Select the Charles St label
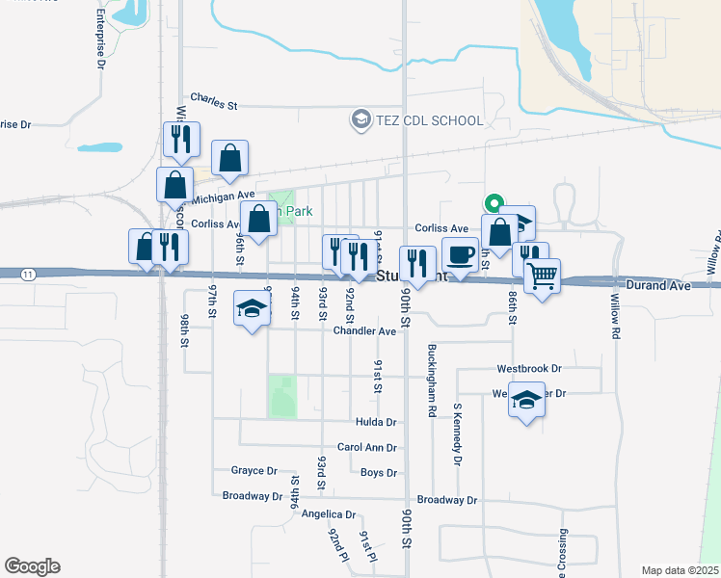[214, 98]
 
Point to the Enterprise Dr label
[100, 41]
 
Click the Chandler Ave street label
[364, 331]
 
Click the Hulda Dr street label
[377, 422]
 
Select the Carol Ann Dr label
[367, 448]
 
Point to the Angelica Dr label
[329, 514]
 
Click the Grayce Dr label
[254, 471]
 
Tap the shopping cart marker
[543, 276]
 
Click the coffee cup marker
[461, 254]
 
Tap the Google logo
[32, 566]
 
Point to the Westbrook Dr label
[529, 369]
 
